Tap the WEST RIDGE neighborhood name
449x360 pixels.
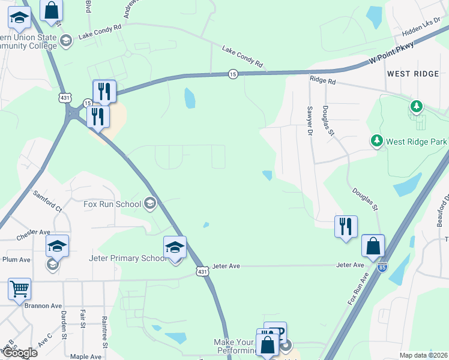pos(413,73)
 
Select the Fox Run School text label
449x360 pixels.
pos(112,204)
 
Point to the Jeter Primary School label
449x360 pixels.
pos(127,258)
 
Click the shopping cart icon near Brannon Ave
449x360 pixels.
pos(19,289)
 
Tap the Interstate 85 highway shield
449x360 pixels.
pos(382,268)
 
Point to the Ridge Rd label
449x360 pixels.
pos(322,79)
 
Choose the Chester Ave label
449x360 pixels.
pos(34,232)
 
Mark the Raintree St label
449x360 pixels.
pos(104,331)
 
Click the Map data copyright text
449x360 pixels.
pos(424,355)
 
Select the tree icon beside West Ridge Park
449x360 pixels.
pos(415,107)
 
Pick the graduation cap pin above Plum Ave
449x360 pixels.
pos(58,246)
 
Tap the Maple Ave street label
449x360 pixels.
pos(85,356)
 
